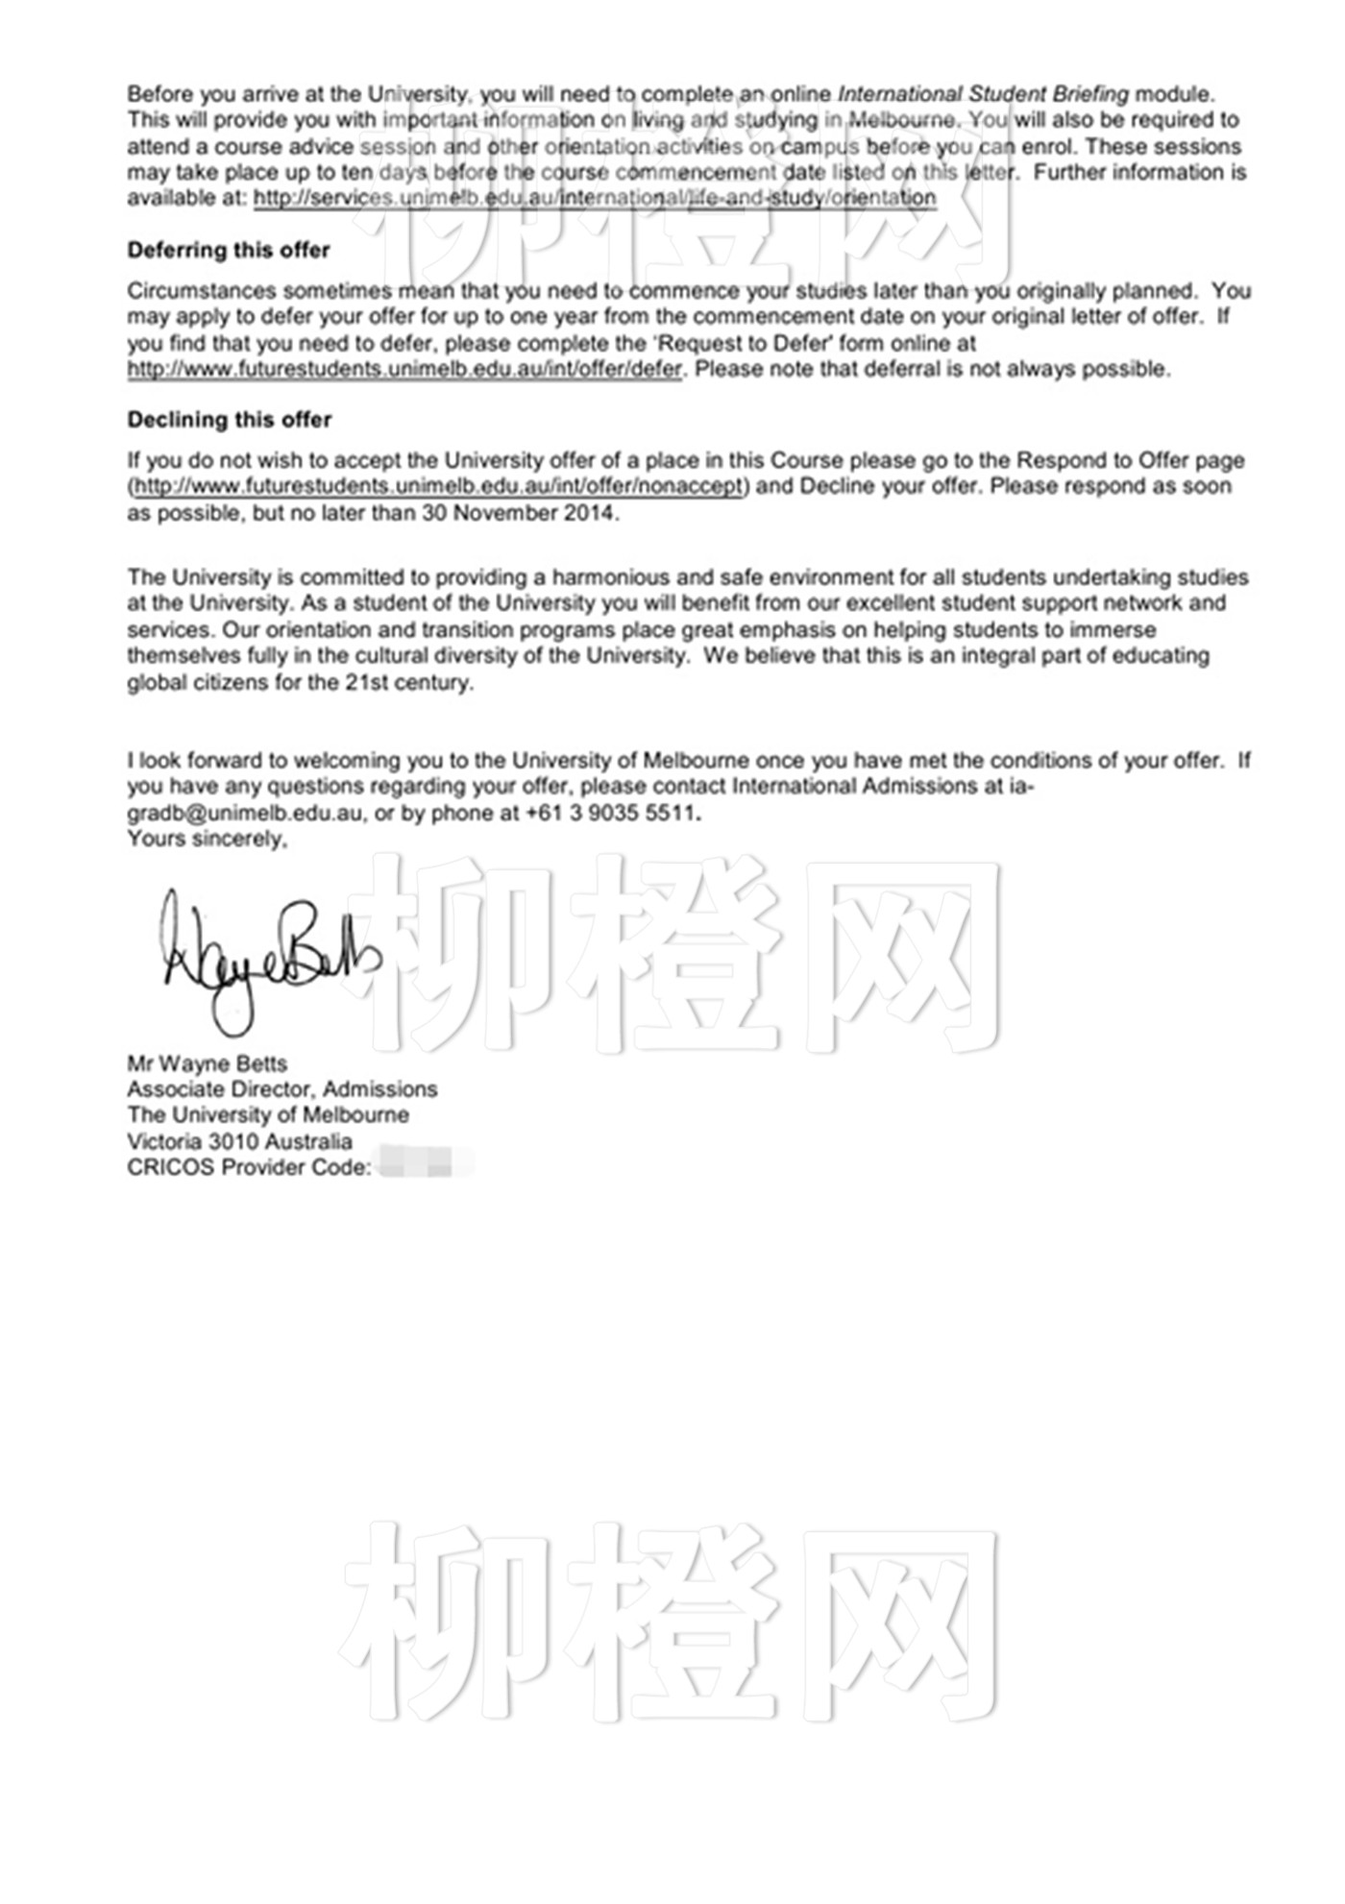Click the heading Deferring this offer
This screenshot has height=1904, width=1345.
[x=228, y=250]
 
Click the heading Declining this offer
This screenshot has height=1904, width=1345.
[x=229, y=420]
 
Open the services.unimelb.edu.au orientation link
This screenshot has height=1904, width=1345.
[x=595, y=199]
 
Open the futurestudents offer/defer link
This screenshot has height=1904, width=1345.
[x=404, y=370]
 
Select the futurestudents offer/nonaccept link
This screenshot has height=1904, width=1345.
[x=438, y=486]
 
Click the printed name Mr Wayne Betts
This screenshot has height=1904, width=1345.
[x=207, y=1063]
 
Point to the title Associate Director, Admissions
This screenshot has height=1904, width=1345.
[x=281, y=1089]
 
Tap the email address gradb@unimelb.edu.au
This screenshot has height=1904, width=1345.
[x=245, y=813]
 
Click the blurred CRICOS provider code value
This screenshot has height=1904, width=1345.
[x=426, y=1167]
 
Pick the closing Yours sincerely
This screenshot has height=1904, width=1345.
[x=207, y=839]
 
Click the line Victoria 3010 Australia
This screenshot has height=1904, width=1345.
[x=239, y=1141]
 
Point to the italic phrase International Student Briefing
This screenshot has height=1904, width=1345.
[x=983, y=94]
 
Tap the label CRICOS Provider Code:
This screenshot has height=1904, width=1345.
[x=249, y=1167]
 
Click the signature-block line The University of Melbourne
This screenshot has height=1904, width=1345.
[x=267, y=1115]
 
